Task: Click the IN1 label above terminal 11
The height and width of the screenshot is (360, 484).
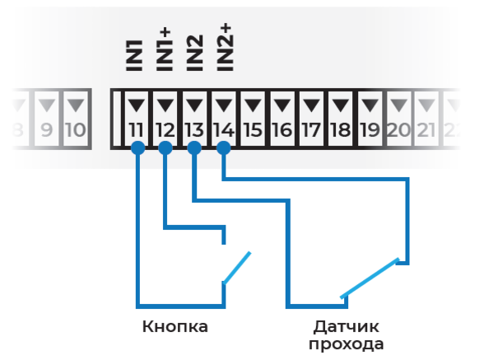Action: [135, 56]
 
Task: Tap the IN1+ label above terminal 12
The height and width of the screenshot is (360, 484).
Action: [165, 49]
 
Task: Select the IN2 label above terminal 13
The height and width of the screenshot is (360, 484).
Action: [195, 53]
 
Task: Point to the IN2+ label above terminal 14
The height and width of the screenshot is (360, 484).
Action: [225, 47]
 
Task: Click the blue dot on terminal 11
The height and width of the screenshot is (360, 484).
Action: [137, 148]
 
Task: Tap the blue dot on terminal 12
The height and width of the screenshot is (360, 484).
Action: [165, 148]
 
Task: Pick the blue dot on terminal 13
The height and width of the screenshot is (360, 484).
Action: [194, 148]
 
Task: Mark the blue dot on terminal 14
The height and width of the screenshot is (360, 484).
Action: [224, 148]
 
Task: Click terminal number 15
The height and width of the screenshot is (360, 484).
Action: [253, 130]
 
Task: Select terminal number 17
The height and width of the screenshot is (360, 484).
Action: [311, 130]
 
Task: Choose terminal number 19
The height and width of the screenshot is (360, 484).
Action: [370, 130]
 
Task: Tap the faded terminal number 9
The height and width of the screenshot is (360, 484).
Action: [47, 130]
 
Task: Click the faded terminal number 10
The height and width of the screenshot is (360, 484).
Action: [76, 130]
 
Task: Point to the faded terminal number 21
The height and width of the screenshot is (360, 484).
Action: [426, 130]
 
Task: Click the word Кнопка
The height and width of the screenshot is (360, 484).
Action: [175, 326]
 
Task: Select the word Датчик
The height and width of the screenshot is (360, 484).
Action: [346, 327]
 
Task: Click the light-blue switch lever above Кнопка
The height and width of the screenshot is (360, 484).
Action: [237, 268]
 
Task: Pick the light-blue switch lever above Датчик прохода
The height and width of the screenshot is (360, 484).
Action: [370, 278]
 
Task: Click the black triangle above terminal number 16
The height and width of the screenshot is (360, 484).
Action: [282, 105]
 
